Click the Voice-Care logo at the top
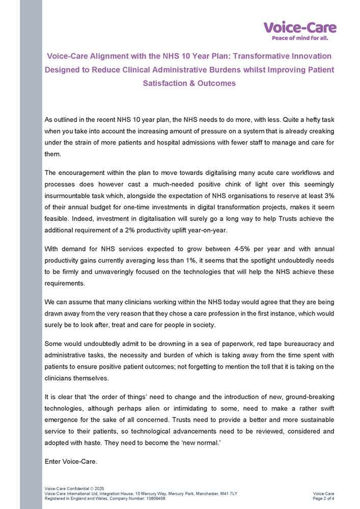pos(299,27)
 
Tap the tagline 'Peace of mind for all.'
pos(299,38)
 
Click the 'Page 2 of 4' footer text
pos(323,499)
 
